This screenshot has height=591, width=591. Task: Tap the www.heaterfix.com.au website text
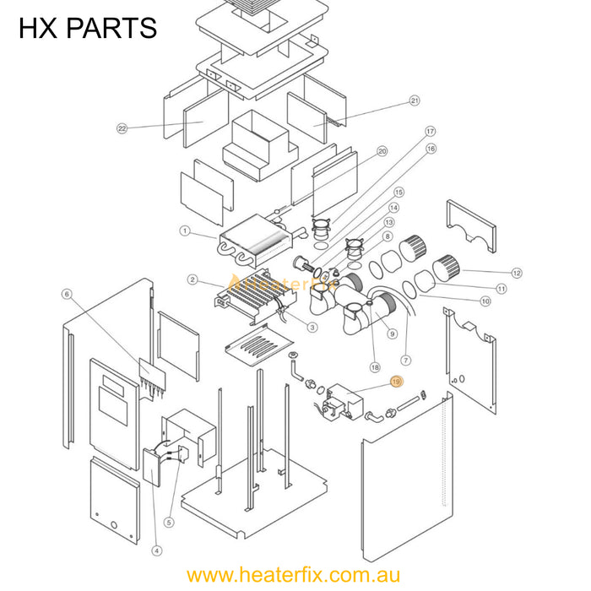294,576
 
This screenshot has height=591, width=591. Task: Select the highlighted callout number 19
396,382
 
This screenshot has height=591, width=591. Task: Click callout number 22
122,128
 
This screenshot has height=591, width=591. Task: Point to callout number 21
415,101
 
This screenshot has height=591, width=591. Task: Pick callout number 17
430,132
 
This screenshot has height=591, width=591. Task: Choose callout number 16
431,149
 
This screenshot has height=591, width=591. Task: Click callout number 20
382,151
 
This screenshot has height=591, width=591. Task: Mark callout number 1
185,230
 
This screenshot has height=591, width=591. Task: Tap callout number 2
193,279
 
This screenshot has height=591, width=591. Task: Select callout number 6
67,294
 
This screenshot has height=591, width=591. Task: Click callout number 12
517,273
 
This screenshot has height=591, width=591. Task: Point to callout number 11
501,288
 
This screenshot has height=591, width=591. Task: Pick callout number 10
485,301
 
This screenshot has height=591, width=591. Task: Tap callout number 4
156,550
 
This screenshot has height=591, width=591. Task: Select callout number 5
168,523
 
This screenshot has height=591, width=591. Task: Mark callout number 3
312,328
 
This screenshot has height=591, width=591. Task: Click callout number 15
399,192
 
